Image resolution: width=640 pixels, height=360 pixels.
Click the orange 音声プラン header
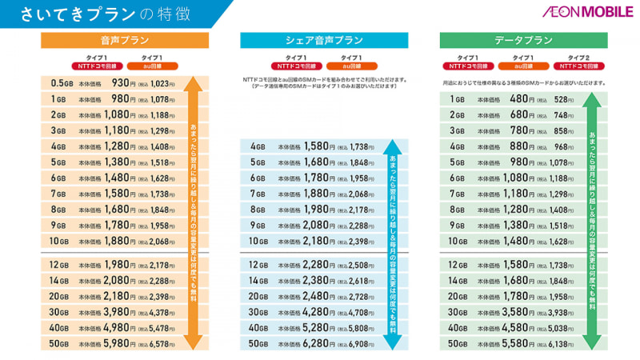tap(125, 40)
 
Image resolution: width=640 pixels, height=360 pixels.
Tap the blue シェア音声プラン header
tap(324, 40)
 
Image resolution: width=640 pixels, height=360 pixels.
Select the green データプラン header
tap(523, 40)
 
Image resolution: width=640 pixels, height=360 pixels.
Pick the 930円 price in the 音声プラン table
tap(121, 83)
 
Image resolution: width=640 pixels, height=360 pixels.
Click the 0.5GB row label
tap(62, 83)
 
